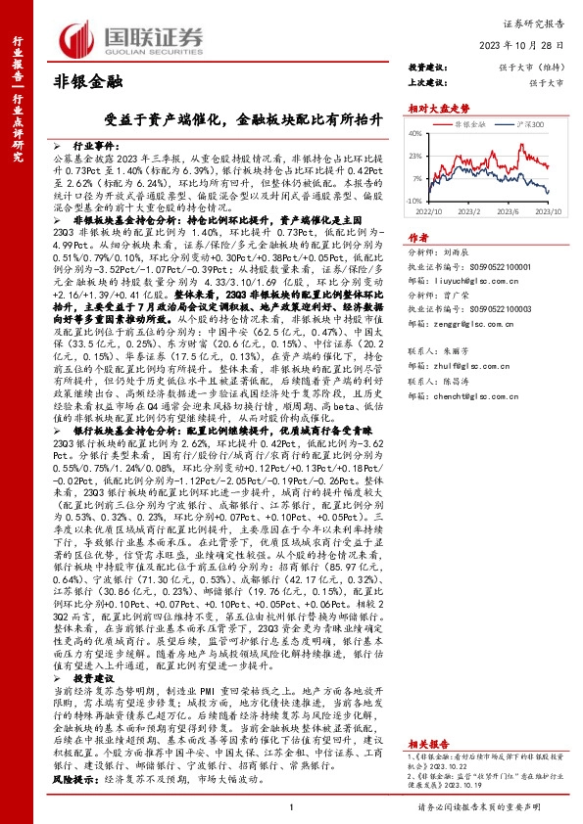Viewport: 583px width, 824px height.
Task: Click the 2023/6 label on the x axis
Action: pos(509,209)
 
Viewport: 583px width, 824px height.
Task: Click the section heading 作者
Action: pos(417,238)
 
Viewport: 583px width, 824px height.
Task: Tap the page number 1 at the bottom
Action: pos(291,807)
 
